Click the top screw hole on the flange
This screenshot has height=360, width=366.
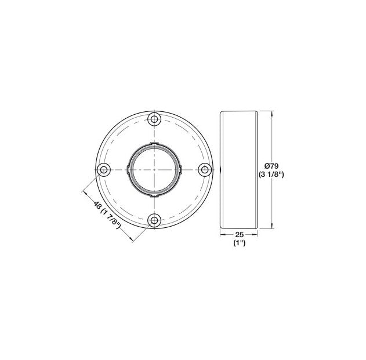pyautogui.click(x=154, y=119)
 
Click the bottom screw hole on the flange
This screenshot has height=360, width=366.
pyautogui.click(x=154, y=220)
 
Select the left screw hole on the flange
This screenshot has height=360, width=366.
pyautogui.click(x=104, y=170)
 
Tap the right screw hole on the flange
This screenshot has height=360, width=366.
pyautogui.click(x=205, y=170)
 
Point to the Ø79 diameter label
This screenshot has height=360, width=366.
pyautogui.click(x=271, y=166)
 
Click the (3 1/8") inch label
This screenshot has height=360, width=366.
pyautogui.click(x=271, y=174)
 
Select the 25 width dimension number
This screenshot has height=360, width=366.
pyautogui.click(x=240, y=234)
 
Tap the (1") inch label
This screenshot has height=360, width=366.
pyautogui.click(x=240, y=243)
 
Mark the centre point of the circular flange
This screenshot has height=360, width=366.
pyautogui.click(x=154, y=170)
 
